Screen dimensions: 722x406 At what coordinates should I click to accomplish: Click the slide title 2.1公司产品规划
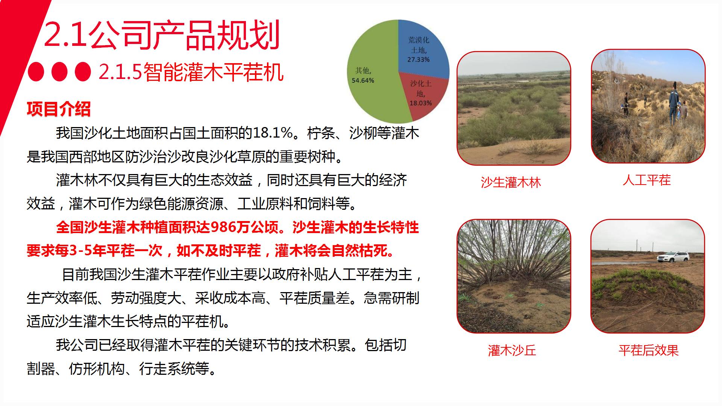(162, 36)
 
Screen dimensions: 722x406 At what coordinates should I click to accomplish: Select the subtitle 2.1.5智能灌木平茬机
(191, 72)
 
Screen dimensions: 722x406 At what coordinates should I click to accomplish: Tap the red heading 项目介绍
(59, 109)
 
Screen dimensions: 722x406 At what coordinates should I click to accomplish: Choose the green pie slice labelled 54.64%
(372, 75)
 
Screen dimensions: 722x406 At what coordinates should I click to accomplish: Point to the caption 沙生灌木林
(511, 183)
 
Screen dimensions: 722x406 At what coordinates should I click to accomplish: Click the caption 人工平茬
(646, 180)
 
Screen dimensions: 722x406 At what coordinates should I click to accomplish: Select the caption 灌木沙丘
(512, 350)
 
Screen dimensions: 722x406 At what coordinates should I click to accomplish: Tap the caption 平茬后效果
(649, 350)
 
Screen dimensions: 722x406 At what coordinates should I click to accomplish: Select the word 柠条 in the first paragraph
(321, 133)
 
